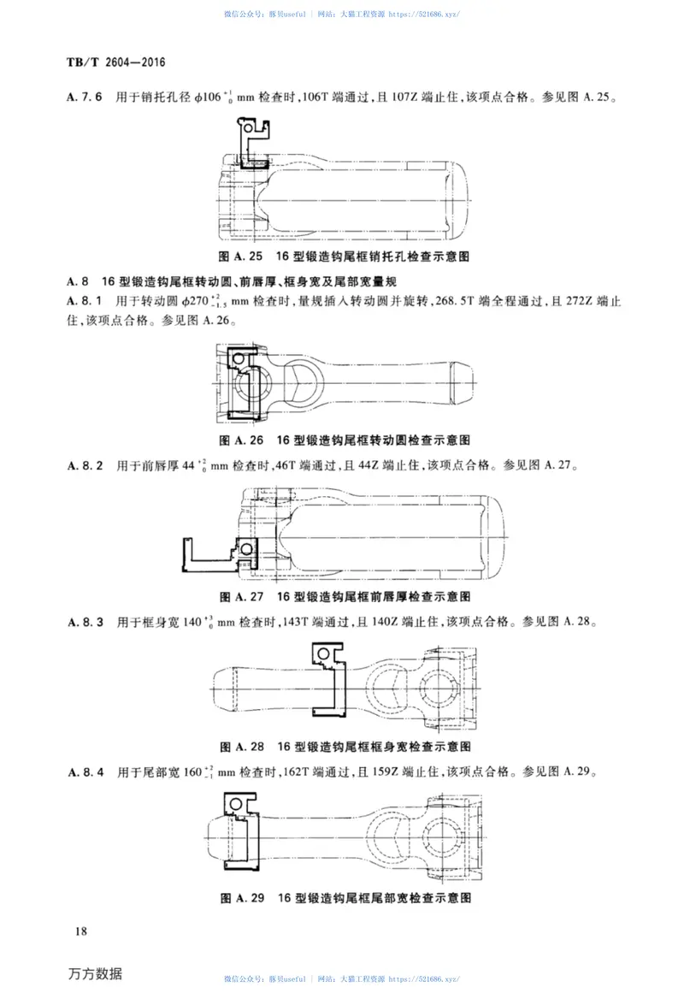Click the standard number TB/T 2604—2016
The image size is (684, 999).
pyautogui.click(x=115, y=63)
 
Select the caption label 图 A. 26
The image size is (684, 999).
pyautogui.click(x=240, y=440)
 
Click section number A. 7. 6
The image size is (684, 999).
pyautogui.click(x=85, y=98)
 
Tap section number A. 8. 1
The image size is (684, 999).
pyautogui.click(x=85, y=300)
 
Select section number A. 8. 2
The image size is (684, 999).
pyautogui.click(x=85, y=466)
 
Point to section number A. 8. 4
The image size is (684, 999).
pyautogui.click(x=85, y=773)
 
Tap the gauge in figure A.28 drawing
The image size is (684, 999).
pyautogui.click(x=328, y=680)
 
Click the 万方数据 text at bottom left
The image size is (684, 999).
pyautogui.click(x=95, y=974)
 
